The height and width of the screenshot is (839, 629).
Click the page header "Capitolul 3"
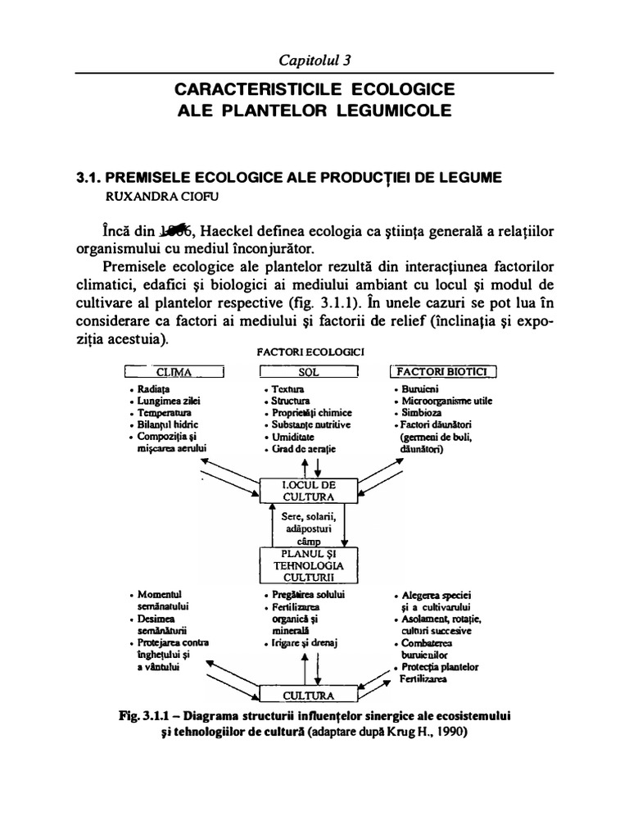pyautogui.click(x=314, y=60)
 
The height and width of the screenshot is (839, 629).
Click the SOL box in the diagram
pyautogui.click(x=309, y=373)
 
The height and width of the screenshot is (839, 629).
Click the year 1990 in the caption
pyautogui.click(x=449, y=732)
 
